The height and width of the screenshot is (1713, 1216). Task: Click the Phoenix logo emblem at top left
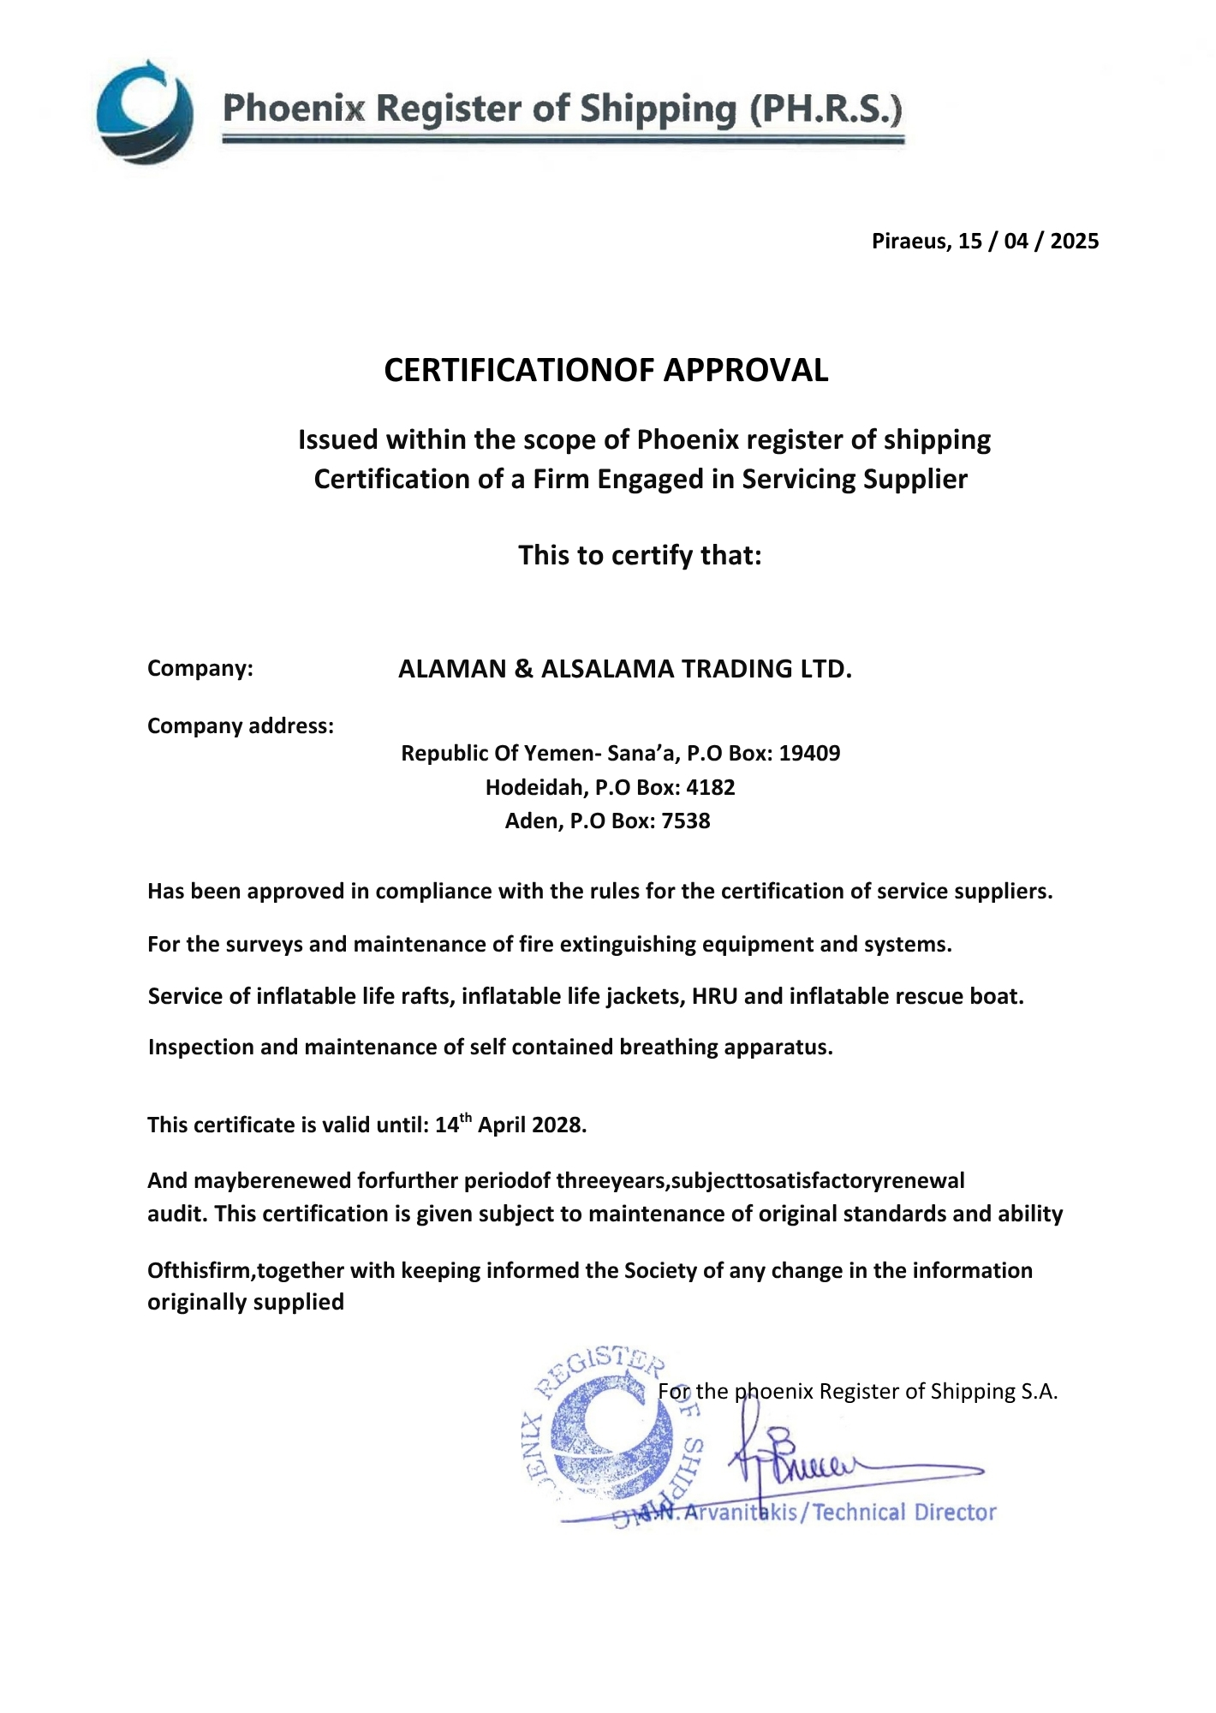pyautogui.click(x=145, y=112)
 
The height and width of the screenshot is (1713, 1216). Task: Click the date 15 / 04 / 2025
pyautogui.click(x=1028, y=241)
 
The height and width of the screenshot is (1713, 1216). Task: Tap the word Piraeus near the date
pyautogui.click(x=910, y=241)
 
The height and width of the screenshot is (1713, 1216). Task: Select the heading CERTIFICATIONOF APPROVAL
pyautogui.click(x=606, y=370)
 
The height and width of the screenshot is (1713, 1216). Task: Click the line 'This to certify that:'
pyautogui.click(x=640, y=555)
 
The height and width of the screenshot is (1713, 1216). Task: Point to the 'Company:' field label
pyautogui.click(x=200, y=668)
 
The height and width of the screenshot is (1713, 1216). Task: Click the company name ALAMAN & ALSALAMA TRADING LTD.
pyautogui.click(x=625, y=669)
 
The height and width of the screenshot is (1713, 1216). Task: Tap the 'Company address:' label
pyautogui.click(x=241, y=726)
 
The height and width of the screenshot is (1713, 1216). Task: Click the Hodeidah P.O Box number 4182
pyautogui.click(x=710, y=787)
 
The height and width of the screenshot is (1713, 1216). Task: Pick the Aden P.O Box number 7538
pyautogui.click(x=685, y=821)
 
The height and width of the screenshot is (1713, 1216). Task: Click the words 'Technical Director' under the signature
pyautogui.click(x=904, y=1513)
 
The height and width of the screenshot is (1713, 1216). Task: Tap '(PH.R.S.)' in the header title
pyautogui.click(x=826, y=110)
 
